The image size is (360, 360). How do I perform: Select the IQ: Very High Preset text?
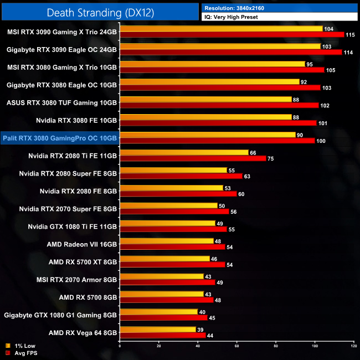(235, 17)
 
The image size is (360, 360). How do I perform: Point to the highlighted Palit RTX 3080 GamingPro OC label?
(60, 138)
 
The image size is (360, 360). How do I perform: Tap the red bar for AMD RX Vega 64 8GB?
(162, 336)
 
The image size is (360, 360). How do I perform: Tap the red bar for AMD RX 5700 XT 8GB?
(172, 265)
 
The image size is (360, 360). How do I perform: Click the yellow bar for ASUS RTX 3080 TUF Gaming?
(205, 99)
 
